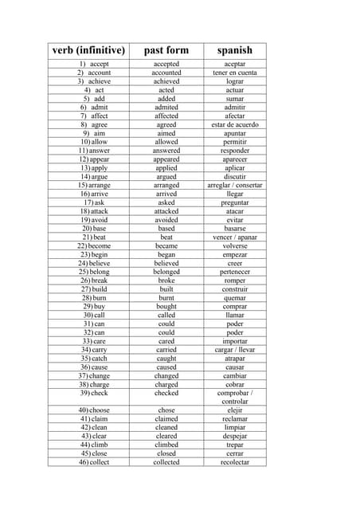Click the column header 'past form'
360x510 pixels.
coord(166,50)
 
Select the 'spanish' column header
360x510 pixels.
coord(235,50)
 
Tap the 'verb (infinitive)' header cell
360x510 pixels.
coord(89,50)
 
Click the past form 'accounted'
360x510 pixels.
coord(166,73)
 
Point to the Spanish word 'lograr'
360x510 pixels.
coord(235,81)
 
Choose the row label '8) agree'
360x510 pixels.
coord(94,124)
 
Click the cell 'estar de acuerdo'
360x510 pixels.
coord(235,124)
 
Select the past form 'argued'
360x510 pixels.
coord(166,176)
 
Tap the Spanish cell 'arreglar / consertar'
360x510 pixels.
coord(235,185)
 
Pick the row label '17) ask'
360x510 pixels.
coord(94,202)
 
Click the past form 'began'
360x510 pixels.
coord(166,254)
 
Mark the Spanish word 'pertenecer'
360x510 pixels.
coord(235,272)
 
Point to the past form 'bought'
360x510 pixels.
coord(166,306)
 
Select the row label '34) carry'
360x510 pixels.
coord(94,349)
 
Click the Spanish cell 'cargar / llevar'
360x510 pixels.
coord(235,349)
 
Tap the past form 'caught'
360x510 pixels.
coord(166,358)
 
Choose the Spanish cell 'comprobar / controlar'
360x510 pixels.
coord(235,397)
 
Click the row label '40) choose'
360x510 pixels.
coord(94,410)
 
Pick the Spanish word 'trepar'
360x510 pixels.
coord(235,445)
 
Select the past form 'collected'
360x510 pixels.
coord(166,462)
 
